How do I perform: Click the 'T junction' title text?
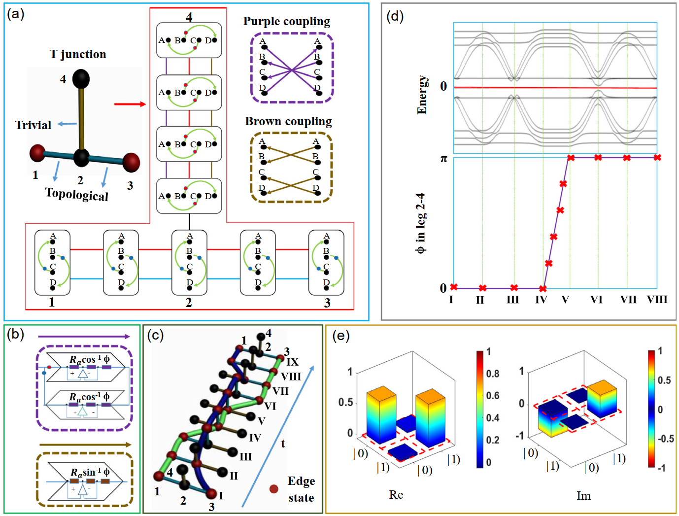click(78, 54)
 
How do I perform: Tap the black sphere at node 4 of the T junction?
click(81, 79)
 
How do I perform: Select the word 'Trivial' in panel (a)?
click(33, 125)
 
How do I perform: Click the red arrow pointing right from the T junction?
click(130, 104)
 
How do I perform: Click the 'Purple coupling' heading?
click(286, 21)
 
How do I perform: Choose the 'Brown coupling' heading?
click(288, 121)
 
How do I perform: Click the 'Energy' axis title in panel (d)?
click(422, 95)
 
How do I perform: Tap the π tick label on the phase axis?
click(443, 159)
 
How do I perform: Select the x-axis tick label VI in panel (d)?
click(596, 300)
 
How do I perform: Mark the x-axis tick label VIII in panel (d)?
click(657, 300)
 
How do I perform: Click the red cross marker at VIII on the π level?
click(657, 158)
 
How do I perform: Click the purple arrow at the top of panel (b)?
click(84, 337)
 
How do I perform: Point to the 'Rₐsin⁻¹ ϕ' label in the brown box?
click(90, 472)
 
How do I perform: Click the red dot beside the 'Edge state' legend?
click(273, 489)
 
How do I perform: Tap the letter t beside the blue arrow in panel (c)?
click(283, 444)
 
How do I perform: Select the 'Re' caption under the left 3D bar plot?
click(396, 495)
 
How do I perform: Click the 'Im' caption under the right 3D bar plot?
click(583, 496)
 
